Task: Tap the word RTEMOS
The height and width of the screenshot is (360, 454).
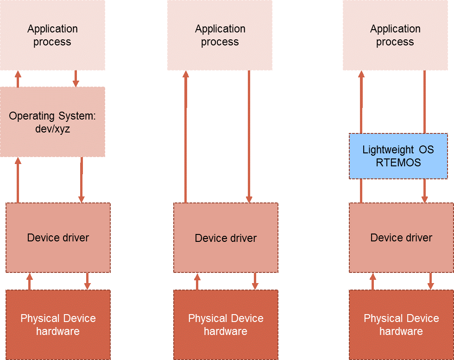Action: [398, 163]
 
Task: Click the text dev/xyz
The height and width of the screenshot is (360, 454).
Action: [52, 129]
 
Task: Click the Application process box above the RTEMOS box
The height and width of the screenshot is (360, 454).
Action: [395, 35]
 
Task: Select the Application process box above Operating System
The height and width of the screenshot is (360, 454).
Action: [52, 35]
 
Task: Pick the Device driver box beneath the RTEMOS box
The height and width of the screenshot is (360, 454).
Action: [401, 238]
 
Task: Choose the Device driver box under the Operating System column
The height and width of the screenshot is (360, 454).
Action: [58, 238]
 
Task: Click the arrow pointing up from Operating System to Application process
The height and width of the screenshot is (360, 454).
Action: [18, 79]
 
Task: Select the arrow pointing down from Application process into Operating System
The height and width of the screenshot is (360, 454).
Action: [76, 79]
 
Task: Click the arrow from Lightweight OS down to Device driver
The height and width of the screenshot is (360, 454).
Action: [424, 190]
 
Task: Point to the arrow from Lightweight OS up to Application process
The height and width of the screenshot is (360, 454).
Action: [361, 102]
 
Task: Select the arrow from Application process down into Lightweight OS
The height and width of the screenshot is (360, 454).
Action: [424, 102]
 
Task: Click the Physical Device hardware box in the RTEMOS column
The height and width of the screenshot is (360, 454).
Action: [401, 325]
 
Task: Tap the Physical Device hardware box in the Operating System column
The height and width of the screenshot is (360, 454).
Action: [58, 325]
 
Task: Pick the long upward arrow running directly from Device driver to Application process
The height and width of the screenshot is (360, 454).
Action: [186, 137]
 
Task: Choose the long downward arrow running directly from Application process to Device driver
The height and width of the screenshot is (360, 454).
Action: [249, 137]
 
